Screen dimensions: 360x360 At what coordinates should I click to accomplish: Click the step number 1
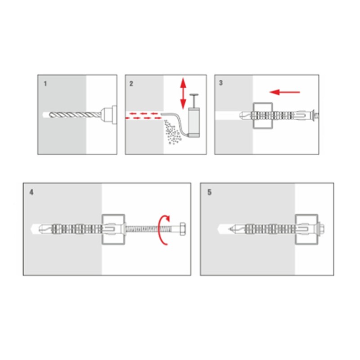(45, 84)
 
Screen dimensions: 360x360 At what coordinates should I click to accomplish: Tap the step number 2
(131, 84)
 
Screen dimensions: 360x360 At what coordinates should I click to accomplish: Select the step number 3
(221, 83)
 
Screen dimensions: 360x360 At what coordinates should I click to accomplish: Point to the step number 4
(31, 192)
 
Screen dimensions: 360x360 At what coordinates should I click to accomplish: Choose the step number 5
(209, 192)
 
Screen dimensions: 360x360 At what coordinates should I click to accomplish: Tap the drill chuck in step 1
(108, 115)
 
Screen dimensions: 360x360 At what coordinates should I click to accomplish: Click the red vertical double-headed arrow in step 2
(183, 93)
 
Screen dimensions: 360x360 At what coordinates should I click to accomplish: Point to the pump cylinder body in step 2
(194, 122)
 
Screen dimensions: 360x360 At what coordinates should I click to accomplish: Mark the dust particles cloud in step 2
(172, 133)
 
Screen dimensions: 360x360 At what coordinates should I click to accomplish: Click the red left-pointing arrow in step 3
(285, 92)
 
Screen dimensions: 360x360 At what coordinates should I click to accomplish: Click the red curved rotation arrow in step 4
(164, 230)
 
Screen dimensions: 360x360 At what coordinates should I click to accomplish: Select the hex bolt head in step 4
(183, 229)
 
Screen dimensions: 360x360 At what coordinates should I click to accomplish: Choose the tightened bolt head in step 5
(321, 229)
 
